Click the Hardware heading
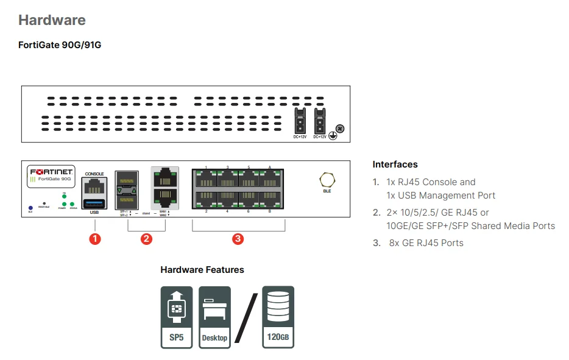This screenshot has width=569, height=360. (52, 20)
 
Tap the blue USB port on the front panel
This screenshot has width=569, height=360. (94, 203)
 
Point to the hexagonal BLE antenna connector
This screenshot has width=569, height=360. (327, 179)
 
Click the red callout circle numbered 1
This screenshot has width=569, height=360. (94, 239)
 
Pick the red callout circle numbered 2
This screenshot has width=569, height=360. (146, 239)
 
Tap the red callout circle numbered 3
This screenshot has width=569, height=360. (238, 239)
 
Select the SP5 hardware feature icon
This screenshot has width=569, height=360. (176, 317)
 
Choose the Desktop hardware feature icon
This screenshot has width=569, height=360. (214, 317)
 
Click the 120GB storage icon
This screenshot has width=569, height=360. (278, 317)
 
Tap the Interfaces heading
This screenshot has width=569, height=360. (395, 164)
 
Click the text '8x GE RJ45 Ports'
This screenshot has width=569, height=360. (426, 242)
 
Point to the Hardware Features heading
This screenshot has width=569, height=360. (202, 269)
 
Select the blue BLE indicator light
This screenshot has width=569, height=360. (30, 207)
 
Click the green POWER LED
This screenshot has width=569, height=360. (63, 203)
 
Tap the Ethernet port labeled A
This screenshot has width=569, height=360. (270, 179)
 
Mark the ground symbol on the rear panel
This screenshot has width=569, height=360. (333, 136)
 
